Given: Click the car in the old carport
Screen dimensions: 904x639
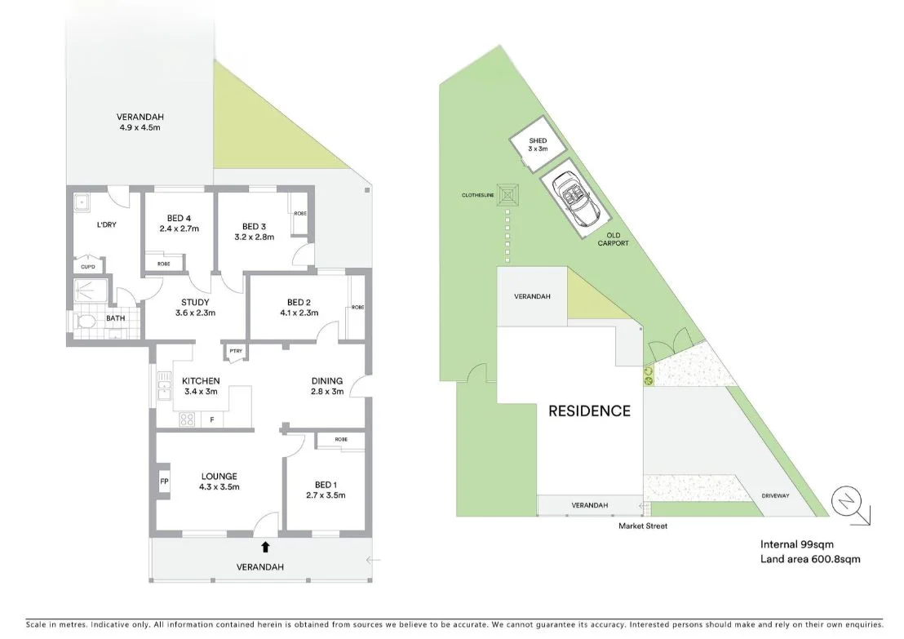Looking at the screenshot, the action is pyautogui.click(x=575, y=200).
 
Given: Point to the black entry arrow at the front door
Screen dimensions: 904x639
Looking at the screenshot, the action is pyautogui.click(x=265, y=547).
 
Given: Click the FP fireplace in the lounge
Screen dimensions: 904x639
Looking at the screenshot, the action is pyautogui.click(x=164, y=481).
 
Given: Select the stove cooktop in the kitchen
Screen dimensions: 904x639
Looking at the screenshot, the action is pyautogui.click(x=187, y=419).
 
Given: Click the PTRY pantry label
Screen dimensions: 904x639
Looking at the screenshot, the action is pyautogui.click(x=236, y=351).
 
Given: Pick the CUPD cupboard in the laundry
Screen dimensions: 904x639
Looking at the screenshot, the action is pyautogui.click(x=88, y=266).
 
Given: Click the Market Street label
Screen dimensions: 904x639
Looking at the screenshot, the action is pyautogui.click(x=643, y=526).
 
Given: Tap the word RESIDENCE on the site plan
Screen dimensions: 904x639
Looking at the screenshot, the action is pyautogui.click(x=589, y=410).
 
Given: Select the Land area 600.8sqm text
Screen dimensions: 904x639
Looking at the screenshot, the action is pyautogui.click(x=810, y=558).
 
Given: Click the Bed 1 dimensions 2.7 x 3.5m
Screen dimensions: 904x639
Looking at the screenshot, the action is pyautogui.click(x=326, y=495).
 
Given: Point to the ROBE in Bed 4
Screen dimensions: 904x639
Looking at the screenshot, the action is pyautogui.click(x=164, y=263).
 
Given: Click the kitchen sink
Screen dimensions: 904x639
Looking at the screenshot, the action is pyautogui.click(x=164, y=386).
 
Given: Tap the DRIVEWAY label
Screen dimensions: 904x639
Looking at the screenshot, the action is pyautogui.click(x=775, y=496).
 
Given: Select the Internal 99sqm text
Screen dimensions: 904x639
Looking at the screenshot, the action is pyautogui.click(x=797, y=544).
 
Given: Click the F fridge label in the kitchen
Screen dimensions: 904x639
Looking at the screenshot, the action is pyautogui.click(x=212, y=419).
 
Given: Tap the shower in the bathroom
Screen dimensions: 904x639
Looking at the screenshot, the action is pyautogui.click(x=91, y=292).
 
